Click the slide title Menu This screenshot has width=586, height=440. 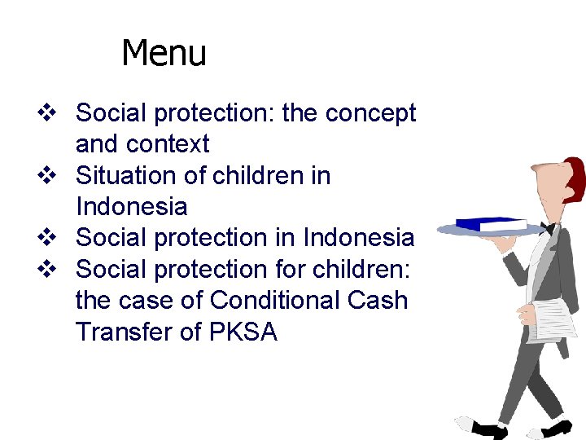(x=164, y=54)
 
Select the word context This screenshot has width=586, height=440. (x=172, y=145)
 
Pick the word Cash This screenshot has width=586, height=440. (x=382, y=301)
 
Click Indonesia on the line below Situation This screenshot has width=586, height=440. (x=131, y=207)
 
